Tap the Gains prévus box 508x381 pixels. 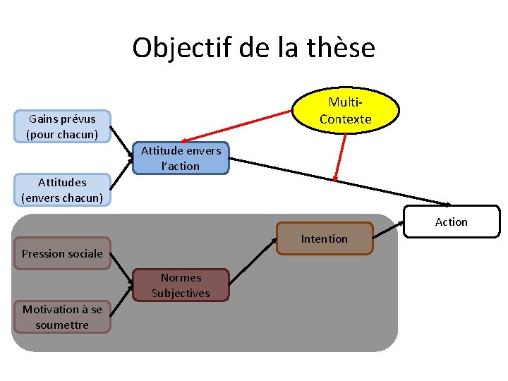point(62,126)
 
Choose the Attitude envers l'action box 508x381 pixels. point(181,158)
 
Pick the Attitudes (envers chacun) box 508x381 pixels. point(62,190)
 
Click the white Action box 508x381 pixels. point(451,222)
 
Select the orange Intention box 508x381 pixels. point(324,239)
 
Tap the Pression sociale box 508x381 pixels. point(62,253)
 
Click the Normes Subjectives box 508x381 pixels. point(181,285)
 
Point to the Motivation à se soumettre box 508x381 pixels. point(62,317)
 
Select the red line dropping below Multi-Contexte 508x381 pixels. point(340,157)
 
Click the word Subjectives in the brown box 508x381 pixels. point(181,293)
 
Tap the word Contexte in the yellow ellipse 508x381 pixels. point(345,119)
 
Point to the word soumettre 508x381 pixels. point(62,325)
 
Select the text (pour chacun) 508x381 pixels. point(62,134)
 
